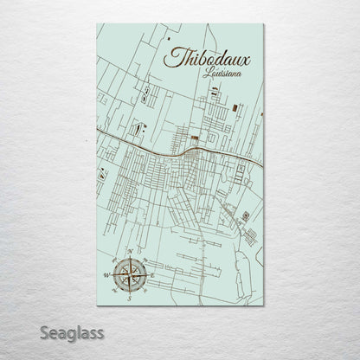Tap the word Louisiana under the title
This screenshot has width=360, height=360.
(x=222, y=75)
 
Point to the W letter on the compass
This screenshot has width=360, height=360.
(x=106, y=276)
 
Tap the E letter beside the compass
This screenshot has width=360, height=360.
(x=151, y=276)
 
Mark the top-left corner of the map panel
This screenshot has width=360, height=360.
(x=97, y=24)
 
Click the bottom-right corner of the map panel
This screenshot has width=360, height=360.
(x=264, y=305)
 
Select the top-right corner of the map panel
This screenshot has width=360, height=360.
(x=264, y=24)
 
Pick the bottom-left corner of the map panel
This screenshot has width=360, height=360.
(x=97, y=305)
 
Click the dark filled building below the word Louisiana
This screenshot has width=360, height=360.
(x=196, y=138)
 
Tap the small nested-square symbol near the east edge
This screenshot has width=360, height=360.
(x=245, y=215)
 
